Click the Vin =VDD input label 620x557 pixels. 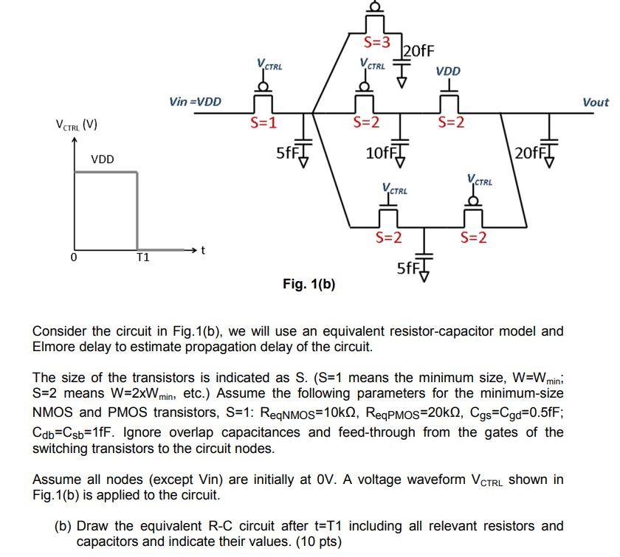pyautogui.click(x=195, y=101)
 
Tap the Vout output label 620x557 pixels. pyautogui.click(x=595, y=103)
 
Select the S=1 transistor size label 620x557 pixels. pyautogui.click(x=263, y=122)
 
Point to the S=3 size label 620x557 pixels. pyautogui.click(x=382, y=42)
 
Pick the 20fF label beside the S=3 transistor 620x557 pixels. pyautogui.click(x=418, y=50)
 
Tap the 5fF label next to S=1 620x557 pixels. pyautogui.click(x=286, y=153)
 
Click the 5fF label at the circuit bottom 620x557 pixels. pyautogui.click(x=408, y=267)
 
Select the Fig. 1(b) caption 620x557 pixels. pyautogui.click(x=309, y=283)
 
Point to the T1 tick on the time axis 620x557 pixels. pyautogui.click(x=142, y=257)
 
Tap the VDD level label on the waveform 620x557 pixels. pyautogui.click(x=103, y=159)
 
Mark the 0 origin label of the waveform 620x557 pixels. pyautogui.click(x=73, y=257)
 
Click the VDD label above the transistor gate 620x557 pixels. pyautogui.click(x=448, y=72)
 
